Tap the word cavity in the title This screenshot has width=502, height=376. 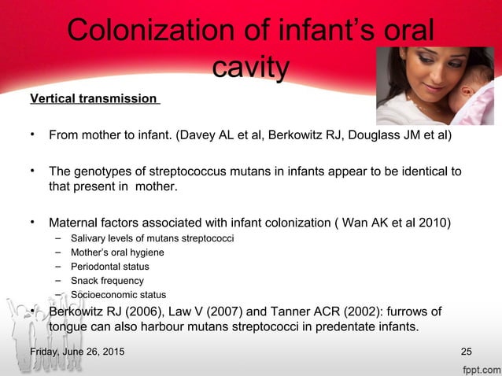tap(250, 68)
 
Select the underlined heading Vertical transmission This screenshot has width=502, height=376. tap(94, 99)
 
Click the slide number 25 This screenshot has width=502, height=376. tap(467, 350)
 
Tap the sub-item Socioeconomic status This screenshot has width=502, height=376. tap(113, 294)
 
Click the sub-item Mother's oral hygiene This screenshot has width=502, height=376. tap(117, 252)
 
